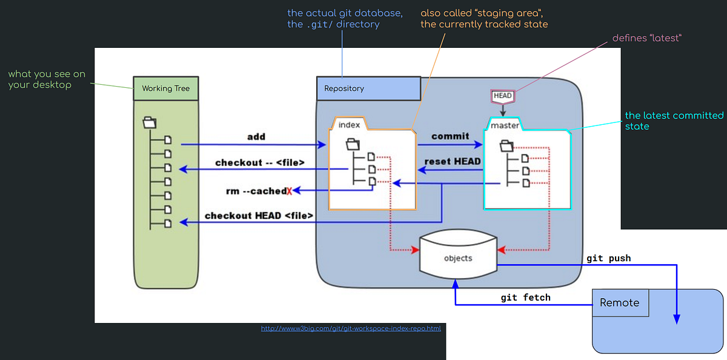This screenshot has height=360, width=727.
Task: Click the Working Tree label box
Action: (165, 88)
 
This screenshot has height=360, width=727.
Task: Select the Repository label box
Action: (368, 88)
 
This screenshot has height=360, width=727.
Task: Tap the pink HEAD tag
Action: (503, 96)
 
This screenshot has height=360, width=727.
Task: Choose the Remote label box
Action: (620, 302)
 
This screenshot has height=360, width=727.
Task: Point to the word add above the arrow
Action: (256, 136)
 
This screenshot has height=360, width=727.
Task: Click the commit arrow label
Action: (450, 136)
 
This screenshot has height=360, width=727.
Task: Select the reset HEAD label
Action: (453, 161)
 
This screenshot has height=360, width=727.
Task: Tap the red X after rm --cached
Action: (290, 191)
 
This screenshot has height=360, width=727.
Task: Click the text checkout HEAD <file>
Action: (259, 215)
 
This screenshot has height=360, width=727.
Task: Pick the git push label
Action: (608, 258)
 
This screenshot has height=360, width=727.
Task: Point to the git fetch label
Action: (526, 298)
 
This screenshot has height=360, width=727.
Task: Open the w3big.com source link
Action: (351, 328)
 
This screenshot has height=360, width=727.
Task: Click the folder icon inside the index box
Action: (353, 144)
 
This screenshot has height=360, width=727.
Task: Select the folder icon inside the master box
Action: (507, 145)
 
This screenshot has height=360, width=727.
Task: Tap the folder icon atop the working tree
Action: (150, 122)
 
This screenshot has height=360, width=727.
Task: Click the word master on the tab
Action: (505, 125)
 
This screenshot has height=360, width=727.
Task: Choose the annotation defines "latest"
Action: (647, 38)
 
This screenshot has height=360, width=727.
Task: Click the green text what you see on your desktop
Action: (47, 79)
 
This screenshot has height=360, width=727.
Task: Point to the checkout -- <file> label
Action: (259, 162)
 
